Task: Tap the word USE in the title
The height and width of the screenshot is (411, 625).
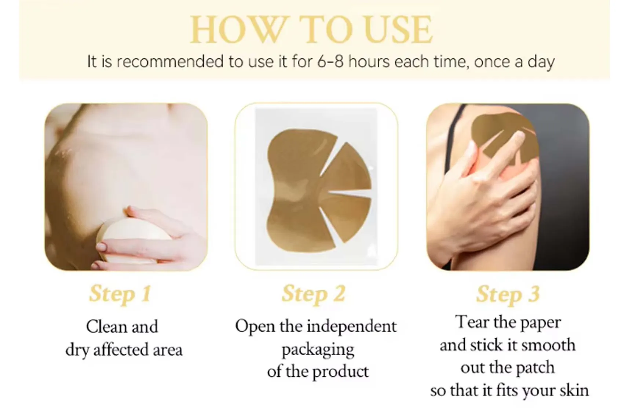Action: pyautogui.click(x=398, y=30)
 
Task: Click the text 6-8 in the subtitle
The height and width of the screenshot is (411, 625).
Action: pyautogui.click(x=330, y=62)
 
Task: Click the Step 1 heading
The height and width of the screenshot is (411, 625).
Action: pyautogui.click(x=120, y=294)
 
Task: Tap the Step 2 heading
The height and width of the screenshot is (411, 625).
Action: pyautogui.click(x=314, y=294)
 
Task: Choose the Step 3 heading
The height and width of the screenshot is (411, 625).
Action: pyautogui.click(x=508, y=294)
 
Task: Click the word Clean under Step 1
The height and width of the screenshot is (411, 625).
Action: pyautogui.click(x=106, y=327)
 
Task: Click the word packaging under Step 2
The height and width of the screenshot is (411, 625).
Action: pyautogui.click(x=318, y=350)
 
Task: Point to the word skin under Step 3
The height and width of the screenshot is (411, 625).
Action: pyautogui.click(x=574, y=390)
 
